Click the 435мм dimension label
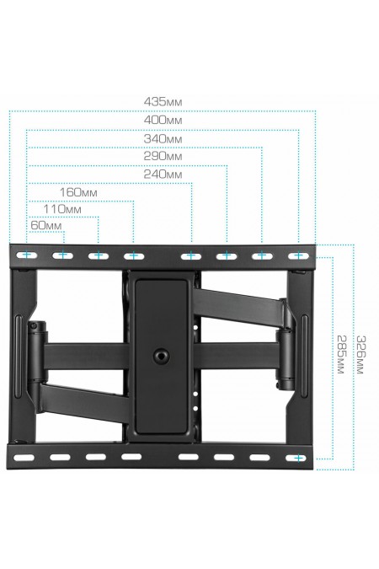[x=163, y=102]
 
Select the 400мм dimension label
[x=163, y=120]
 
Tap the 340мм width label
[x=163, y=139]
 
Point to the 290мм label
[x=163, y=157]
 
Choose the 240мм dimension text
[x=163, y=174]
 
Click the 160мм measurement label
[x=78, y=192]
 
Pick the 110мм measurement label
[x=62, y=209]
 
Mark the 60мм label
[x=46, y=225]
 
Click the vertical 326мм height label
[x=360, y=355]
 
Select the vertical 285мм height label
[x=341, y=354]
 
